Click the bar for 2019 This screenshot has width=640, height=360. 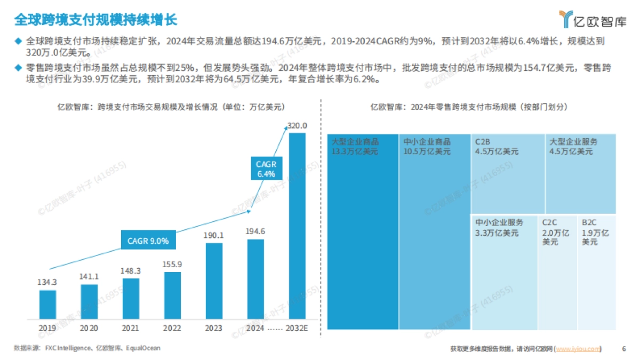(47, 304)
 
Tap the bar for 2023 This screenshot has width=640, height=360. (214, 281)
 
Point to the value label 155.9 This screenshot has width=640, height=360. (172, 264)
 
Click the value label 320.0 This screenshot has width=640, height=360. (297, 125)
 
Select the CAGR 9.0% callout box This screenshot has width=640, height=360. (148, 241)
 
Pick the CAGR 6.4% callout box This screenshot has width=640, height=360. (266, 169)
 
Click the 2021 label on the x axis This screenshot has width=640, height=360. (131, 329)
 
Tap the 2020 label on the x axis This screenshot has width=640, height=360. (89, 329)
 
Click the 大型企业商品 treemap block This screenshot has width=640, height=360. (362, 231)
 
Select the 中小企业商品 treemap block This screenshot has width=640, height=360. (434, 231)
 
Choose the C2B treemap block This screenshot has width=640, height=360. (507, 173)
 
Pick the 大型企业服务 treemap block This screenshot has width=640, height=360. (580, 173)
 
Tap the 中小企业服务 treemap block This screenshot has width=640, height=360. (504, 272)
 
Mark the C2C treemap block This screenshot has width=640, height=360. (557, 272)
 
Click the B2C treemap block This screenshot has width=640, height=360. (597, 272)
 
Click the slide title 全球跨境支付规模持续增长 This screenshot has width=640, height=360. (95, 20)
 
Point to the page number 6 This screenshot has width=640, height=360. (624, 349)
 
